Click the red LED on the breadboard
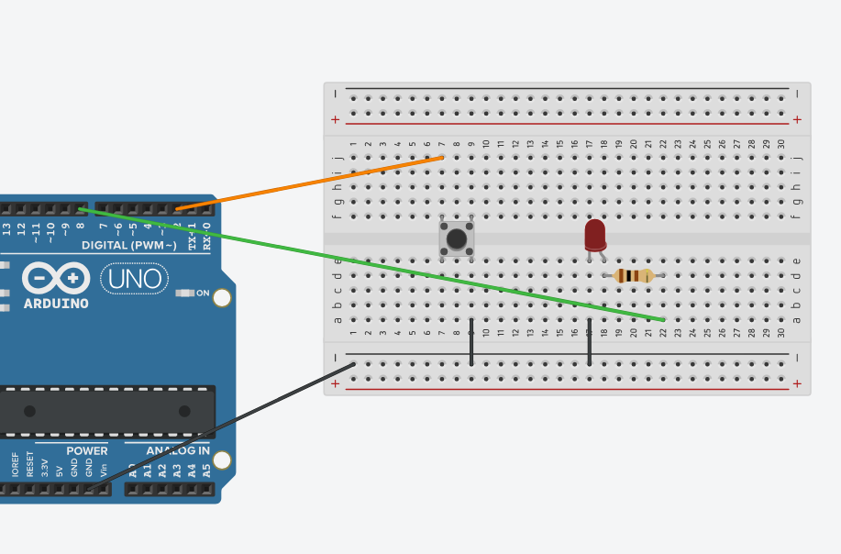pos(595,235)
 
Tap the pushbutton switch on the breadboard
pos(456,238)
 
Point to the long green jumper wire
pos(367,262)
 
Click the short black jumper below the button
pos(471,342)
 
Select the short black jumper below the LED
pos(589,342)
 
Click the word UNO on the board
pos(134,278)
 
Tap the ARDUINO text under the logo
pos(56,303)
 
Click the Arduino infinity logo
pos(56,278)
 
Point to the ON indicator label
pos(202,294)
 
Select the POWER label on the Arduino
pos(86,450)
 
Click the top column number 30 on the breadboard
pos(780,144)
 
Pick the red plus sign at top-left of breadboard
pos(335,119)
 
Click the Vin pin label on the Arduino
pos(104,468)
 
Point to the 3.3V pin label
pos(45,466)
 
